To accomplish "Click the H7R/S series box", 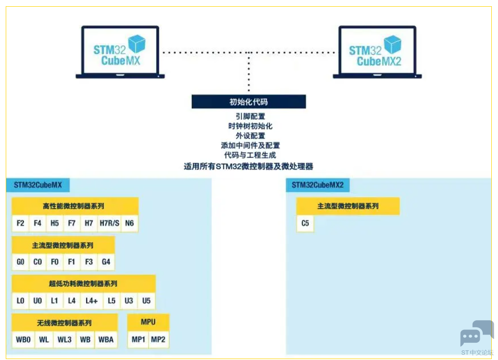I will pos(109,223).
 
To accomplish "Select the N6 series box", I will pos(129,223).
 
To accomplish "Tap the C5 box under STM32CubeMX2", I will pos(305,223).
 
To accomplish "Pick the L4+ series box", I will pos(91,301).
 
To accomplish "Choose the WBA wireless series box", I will pos(106,339).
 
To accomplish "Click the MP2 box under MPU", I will pos(158,339).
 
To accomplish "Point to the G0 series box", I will pos(20,262).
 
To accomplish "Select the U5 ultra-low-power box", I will pos(146,301).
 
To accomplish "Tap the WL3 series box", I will pos(65,339).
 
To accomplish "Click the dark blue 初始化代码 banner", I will pos(248,102).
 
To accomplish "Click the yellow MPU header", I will pos(148,322).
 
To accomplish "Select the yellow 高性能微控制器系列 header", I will pos(75,206).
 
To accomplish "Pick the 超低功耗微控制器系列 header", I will pos(83,283).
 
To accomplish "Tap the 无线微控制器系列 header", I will pos(64,323).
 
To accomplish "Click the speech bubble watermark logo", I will pos(476,333).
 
